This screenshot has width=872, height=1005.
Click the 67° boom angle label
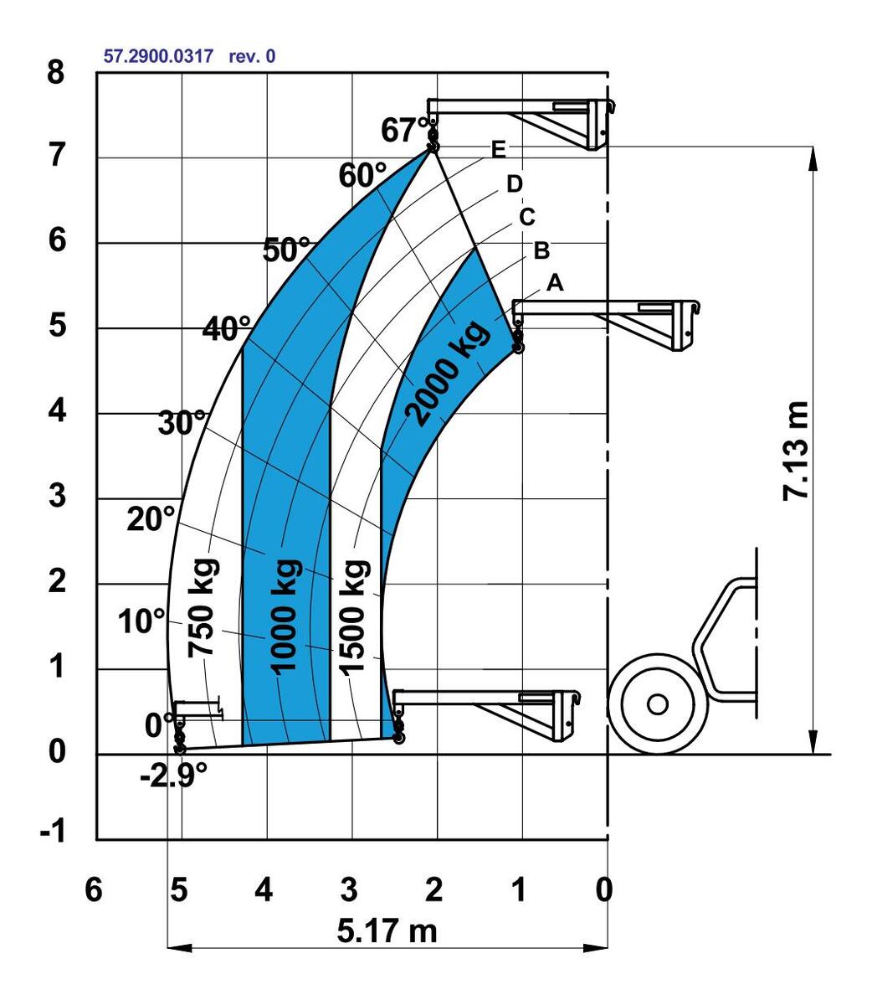405,131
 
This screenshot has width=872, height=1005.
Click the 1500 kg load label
355,614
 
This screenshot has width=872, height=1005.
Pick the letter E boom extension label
499,150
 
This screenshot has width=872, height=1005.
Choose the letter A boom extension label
554,284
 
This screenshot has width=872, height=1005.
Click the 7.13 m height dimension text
796,452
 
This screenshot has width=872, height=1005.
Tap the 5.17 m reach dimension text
387,930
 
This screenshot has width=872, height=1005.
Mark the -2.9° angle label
174,776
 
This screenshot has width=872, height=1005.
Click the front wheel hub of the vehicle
658,703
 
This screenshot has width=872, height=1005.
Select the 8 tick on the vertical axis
55,72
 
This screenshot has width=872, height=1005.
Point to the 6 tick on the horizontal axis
94,889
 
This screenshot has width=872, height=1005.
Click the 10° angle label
141,622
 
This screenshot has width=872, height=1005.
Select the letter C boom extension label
526,217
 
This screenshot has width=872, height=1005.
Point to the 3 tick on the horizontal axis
349,889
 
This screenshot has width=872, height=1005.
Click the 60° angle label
362,176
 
